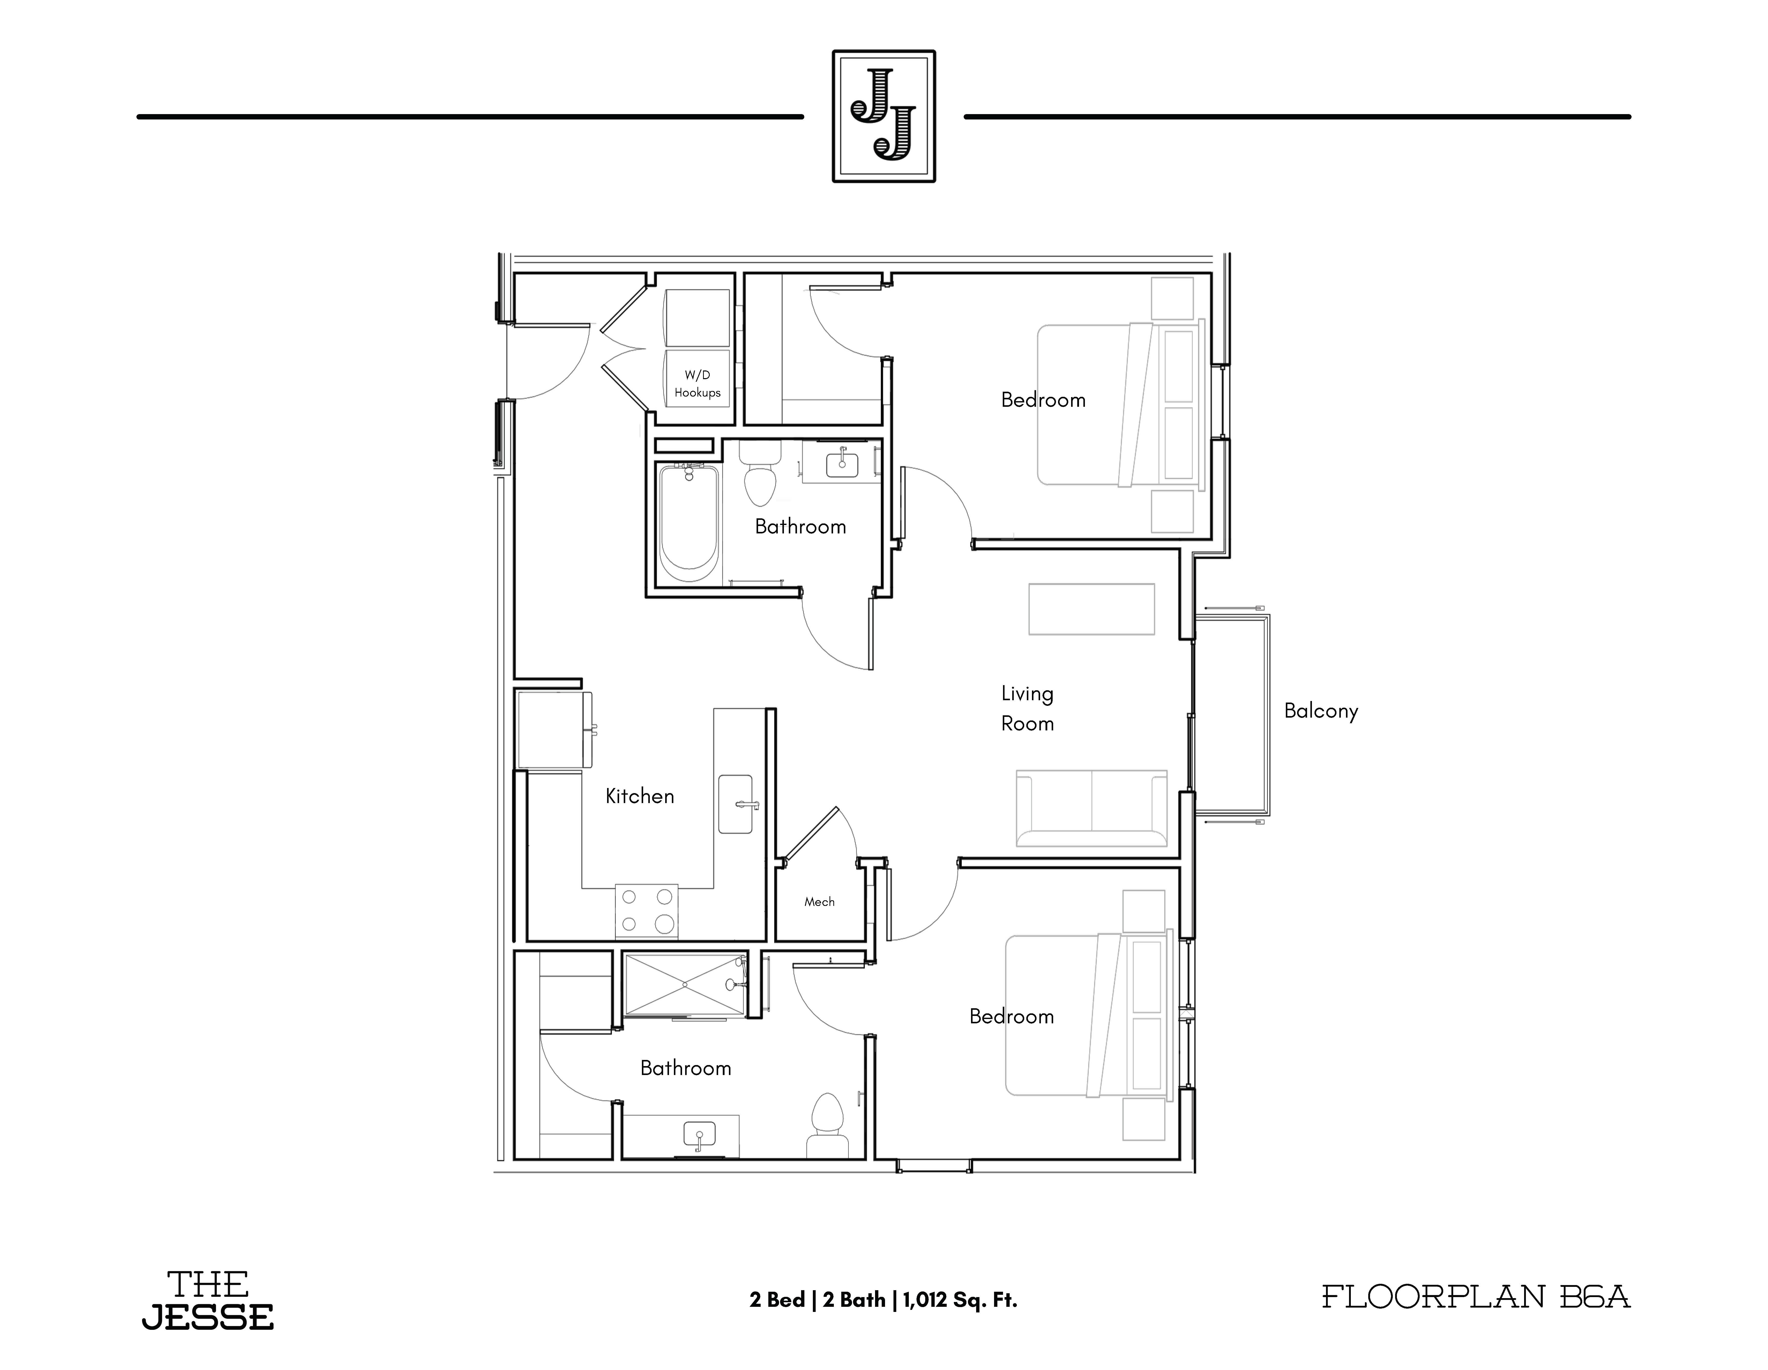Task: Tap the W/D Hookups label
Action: [x=697, y=383]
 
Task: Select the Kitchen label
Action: [x=640, y=796]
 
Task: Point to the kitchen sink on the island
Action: [x=735, y=804]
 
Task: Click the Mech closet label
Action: [x=819, y=902]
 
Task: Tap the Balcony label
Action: [x=1321, y=711]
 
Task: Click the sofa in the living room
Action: [x=1091, y=808]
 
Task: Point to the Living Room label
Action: [x=1027, y=708]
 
